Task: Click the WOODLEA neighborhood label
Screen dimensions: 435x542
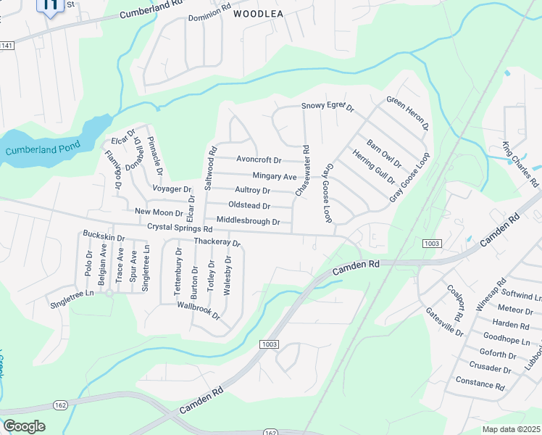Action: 258,22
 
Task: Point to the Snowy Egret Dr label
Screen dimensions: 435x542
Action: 328,107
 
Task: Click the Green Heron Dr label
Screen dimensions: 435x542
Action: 407,113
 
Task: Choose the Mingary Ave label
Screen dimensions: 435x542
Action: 275,176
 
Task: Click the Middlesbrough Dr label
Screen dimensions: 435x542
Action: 243,220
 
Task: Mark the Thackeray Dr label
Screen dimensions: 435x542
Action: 216,241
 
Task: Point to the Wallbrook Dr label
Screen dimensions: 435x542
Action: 198,311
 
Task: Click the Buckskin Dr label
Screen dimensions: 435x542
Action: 104,237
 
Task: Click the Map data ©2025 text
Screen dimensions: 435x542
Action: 511,429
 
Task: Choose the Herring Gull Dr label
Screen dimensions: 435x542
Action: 373,167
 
